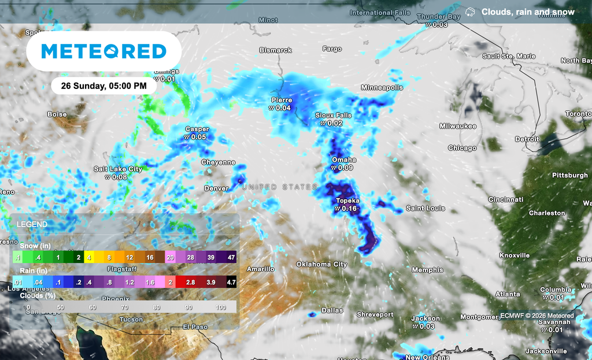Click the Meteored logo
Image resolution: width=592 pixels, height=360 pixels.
pyautogui.click(x=104, y=51)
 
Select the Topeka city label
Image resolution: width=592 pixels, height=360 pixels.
pyautogui.click(x=347, y=201)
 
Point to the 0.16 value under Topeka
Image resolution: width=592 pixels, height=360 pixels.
pyautogui.click(x=349, y=208)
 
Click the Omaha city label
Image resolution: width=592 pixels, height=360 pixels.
pyautogui.click(x=343, y=159)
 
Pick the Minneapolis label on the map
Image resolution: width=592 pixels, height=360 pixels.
pyautogui.click(x=382, y=87)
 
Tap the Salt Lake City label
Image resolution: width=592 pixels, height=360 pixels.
pyautogui.click(x=118, y=169)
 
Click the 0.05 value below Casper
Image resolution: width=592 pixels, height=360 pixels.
pyautogui.click(x=198, y=137)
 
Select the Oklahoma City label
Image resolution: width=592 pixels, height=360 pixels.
pyautogui.click(x=321, y=264)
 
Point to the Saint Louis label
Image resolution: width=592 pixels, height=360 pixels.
pyautogui.click(x=425, y=208)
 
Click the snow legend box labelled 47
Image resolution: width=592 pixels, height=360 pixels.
pyautogui.click(x=231, y=257)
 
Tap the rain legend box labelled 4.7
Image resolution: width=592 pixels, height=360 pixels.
pyautogui.click(x=231, y=282)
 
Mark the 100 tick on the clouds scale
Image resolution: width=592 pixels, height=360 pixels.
pyautogui.click(x=220, y=307)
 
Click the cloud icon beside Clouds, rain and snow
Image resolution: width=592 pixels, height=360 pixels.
pyautogui.click(x=471, y=12)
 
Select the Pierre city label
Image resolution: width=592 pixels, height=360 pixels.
pyautogui.click(x=282, y=100)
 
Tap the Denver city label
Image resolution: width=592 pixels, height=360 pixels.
pyautogui.click(x=216, y=188)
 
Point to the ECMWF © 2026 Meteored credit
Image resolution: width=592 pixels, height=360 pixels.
pyautogui.click(x=537, y=316)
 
